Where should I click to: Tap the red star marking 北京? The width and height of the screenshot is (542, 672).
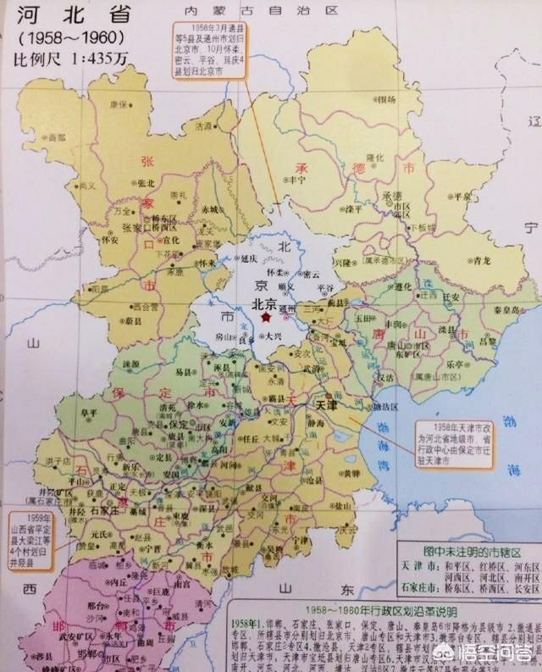(x=267, y=318)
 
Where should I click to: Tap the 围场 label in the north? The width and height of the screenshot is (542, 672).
(x=388, y=100)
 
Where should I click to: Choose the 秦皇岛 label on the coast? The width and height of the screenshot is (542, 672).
(x=508, y=311)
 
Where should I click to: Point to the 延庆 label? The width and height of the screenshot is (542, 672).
(x=246, y=258)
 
